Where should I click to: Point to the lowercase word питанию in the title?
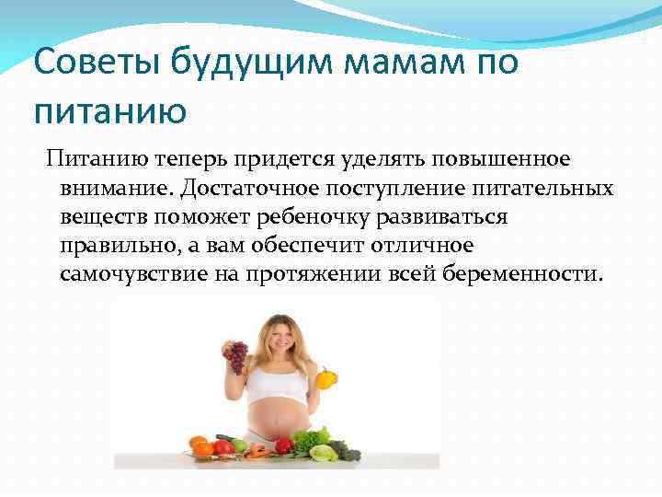point(109,111)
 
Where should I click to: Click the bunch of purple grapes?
point(237,354)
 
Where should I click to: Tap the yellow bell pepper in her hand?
point(325,378)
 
